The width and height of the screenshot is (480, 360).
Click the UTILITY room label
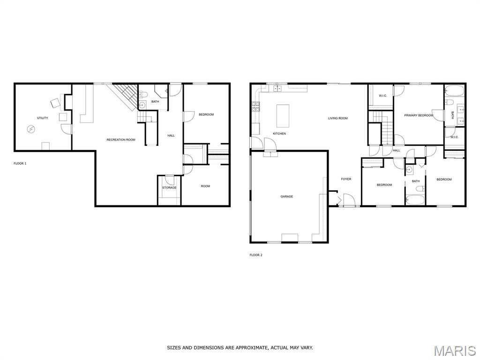tap(43, 118)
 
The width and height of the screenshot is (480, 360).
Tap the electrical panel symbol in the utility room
tap(30, 130)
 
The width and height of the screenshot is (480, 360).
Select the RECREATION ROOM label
tap(121, 140)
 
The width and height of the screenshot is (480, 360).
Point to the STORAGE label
tap(169, 187)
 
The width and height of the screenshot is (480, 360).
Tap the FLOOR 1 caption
tap(20, 164)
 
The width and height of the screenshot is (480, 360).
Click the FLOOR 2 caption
tap(256, 255)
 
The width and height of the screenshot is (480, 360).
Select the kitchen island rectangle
tap(283, 116)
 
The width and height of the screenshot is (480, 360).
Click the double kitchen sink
tap(277, 89)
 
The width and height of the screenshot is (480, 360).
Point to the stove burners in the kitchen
tap(255, 107)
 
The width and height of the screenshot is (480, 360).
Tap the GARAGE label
tap(287, 196)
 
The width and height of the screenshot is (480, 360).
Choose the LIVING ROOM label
tap(338, 118)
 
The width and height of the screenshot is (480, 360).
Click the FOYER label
tap(346, 179)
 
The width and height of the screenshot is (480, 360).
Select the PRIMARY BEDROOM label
tap(419, 115)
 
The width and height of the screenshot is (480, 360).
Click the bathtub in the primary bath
tap(455, 91)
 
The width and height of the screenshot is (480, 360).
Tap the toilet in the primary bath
tap(450, 102)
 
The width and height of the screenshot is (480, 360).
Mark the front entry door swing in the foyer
tap(349, 200)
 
